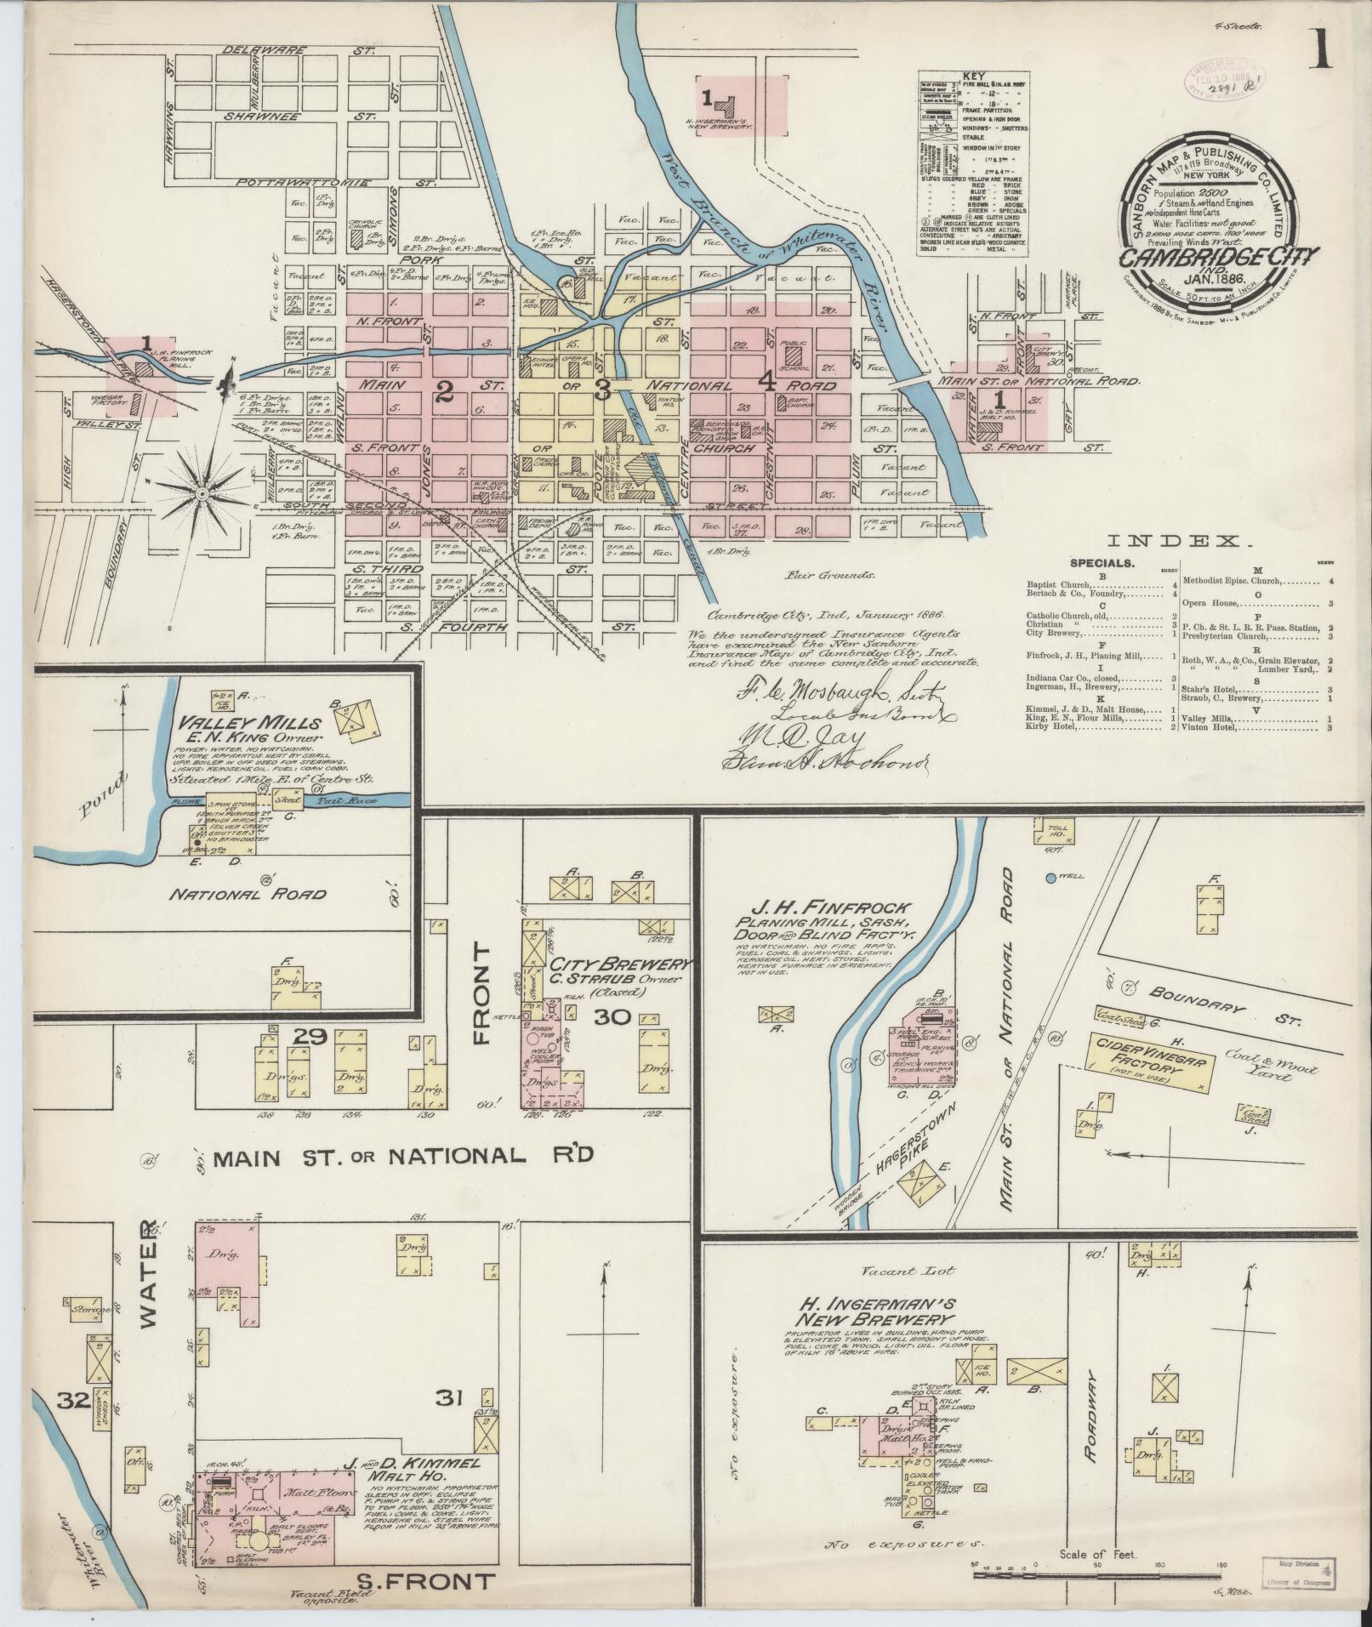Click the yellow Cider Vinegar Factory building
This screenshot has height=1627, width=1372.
tap(1150, 1063)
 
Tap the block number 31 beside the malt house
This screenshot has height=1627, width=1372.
tap(448, 1397)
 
